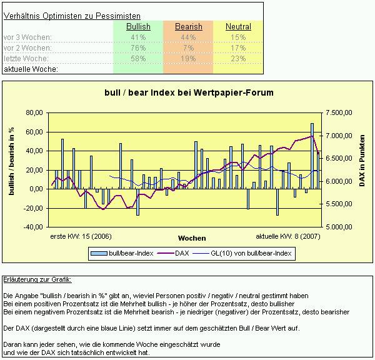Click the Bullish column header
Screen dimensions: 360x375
point(138,27)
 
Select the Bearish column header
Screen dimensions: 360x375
point(188,27)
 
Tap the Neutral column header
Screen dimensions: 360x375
point(238,27)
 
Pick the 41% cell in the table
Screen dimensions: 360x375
point(138,37)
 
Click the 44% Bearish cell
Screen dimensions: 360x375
point(188,37)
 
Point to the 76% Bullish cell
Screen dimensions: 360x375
point(138,48)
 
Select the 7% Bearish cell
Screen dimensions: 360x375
point(188,48)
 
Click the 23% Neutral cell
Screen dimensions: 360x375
point(238,59)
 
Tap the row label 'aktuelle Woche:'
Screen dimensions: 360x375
point(31,69)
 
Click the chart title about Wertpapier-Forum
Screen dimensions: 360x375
point(189,92)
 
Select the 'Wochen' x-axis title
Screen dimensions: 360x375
point(191,238)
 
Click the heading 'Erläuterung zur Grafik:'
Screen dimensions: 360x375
point(37,279)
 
